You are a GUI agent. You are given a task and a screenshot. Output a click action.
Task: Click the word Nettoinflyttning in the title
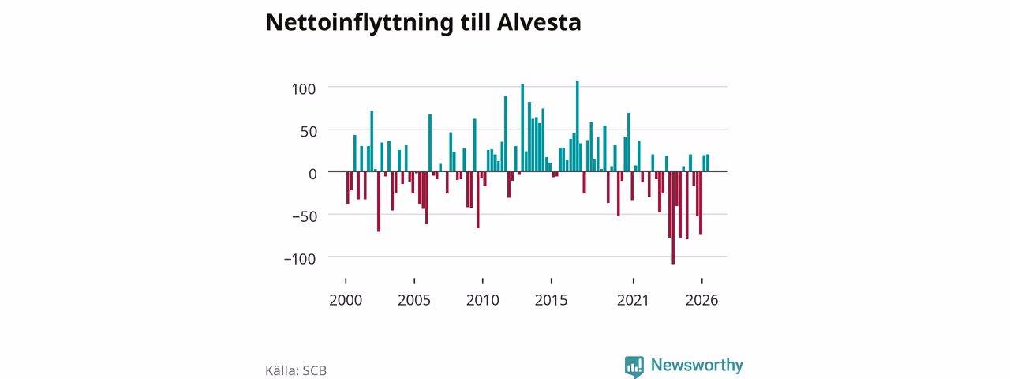(x=359, y=23)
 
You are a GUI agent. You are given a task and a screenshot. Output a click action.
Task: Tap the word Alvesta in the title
(x=539, y=22)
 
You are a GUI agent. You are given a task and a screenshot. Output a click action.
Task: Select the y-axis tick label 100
(x=304, y=89)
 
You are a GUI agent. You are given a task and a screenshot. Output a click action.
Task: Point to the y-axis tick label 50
(x=309, y=131)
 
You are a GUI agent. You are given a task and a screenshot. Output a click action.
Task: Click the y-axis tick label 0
(x=312, y=174)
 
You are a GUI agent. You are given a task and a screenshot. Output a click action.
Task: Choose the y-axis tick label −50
(x=305, y=216)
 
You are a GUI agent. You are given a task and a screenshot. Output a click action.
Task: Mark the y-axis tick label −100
(x=300, y=258)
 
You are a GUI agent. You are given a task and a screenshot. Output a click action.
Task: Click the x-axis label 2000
(x=346, y=300)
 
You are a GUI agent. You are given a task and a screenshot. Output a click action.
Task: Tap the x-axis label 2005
(x=414, y=300)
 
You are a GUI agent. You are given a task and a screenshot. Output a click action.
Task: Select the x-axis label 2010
(x=482, y=300)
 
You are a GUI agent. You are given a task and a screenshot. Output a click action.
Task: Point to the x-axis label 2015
(x=551, y=300)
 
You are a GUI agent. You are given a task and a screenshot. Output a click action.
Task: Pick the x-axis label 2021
(x=633, y=300)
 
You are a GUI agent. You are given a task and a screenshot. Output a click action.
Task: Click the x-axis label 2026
(x=701, y=300)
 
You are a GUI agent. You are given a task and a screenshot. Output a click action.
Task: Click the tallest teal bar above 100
(x=577, y=126)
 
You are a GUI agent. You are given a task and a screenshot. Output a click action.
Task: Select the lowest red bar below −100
(x=673, y=217)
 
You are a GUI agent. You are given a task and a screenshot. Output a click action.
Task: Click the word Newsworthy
(x=697, y=365)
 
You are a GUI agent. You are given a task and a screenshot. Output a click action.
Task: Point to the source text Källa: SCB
(x=296, y=370)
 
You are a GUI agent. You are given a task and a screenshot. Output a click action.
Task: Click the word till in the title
(x=475, y=22)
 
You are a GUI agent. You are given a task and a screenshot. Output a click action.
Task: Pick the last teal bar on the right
(x=708, y=163)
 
